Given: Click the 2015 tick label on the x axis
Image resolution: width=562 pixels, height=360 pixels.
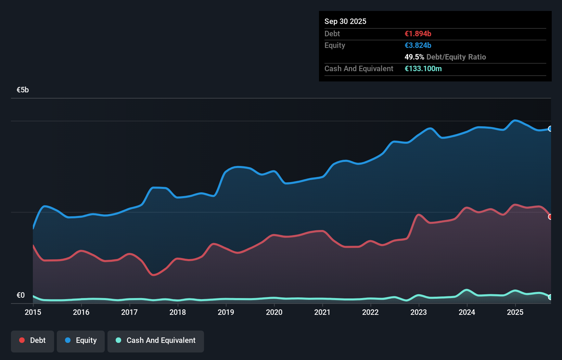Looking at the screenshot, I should pos(33,312).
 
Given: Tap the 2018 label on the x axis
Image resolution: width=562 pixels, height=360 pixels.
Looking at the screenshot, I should pos(178,312).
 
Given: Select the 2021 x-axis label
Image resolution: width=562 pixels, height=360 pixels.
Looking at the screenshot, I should pos(322,312).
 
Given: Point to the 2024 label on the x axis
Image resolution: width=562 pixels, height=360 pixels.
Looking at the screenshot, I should pos(467,312).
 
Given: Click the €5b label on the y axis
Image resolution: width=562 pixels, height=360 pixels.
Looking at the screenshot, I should pos(23,90).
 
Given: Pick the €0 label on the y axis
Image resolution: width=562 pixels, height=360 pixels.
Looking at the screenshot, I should pos(21,295).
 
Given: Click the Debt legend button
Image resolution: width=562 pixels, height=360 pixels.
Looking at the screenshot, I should pos(33,340).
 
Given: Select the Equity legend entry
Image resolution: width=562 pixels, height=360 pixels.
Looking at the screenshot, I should pos(81,340).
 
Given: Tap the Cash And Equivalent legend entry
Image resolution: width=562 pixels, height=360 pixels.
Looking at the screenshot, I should pos(156,340).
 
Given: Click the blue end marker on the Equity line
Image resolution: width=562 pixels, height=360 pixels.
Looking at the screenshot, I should pos(550,129).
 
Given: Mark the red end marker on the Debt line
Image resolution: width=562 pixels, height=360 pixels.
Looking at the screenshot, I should pos(550,217).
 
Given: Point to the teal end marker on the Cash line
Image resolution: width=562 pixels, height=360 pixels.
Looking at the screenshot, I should pos(550,297).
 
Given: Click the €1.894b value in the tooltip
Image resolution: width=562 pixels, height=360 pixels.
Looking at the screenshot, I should pos(418,34).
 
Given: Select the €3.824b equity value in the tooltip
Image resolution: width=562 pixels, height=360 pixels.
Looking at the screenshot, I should pos(418,46).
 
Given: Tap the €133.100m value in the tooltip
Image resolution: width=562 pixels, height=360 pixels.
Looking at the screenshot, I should pos(423,69).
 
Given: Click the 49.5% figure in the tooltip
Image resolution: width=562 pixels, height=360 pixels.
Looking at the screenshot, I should pos(414,57).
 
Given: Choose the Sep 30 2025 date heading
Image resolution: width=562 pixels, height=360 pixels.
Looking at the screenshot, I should pos(345,22).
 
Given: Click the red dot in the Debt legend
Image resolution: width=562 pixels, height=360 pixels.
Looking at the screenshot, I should pos(22,340).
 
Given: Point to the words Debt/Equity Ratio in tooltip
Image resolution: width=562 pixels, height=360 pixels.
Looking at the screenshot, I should pos(456,57).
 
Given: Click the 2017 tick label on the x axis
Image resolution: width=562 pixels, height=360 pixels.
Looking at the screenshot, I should pos(129,312).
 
